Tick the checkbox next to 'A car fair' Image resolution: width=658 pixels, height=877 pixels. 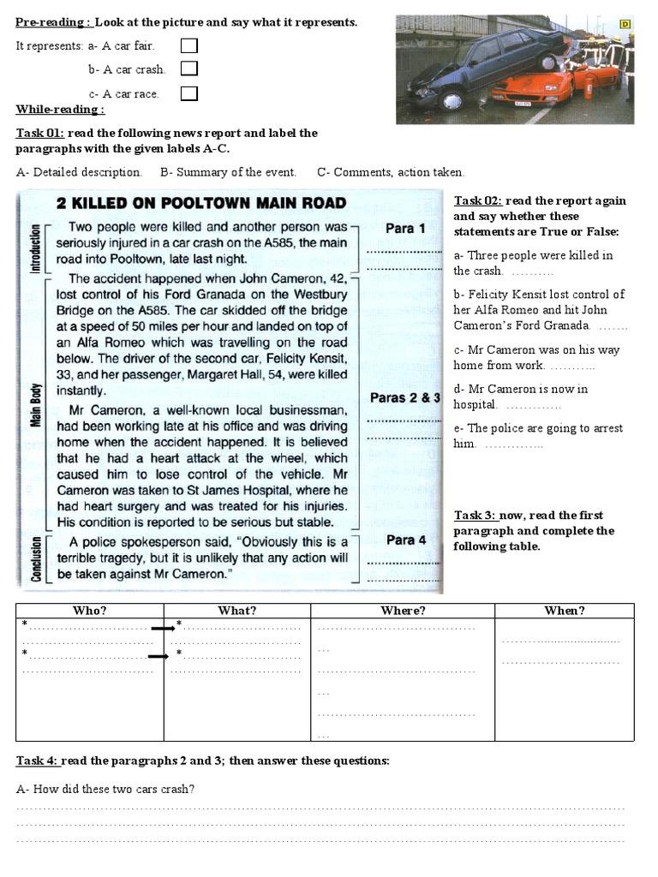coord(188,45)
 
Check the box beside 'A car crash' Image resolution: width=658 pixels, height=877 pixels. coord(188,69)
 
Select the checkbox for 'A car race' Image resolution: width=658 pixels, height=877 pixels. coord(188,92)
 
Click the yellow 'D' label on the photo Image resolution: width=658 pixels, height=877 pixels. coord(625,25)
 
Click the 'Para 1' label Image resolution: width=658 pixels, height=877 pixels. coord(405,229)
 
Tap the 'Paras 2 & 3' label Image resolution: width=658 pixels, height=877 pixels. coord(405,397)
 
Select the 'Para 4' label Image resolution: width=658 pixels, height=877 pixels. coord(405,540)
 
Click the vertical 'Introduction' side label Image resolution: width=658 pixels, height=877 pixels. coord(35,248)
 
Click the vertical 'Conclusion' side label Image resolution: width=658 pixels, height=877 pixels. coord(35,558)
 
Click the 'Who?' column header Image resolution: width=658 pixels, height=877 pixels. coord(89,611)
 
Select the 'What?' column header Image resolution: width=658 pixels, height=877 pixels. coord(236,611)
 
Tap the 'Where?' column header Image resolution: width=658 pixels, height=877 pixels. coord(402,611)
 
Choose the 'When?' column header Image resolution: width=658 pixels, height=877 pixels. coord(565,611)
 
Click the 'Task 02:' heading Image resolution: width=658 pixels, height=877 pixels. coord(478,200)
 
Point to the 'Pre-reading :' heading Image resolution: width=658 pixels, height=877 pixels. coord(54,22)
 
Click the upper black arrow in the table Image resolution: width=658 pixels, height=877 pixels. coord(163,629)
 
